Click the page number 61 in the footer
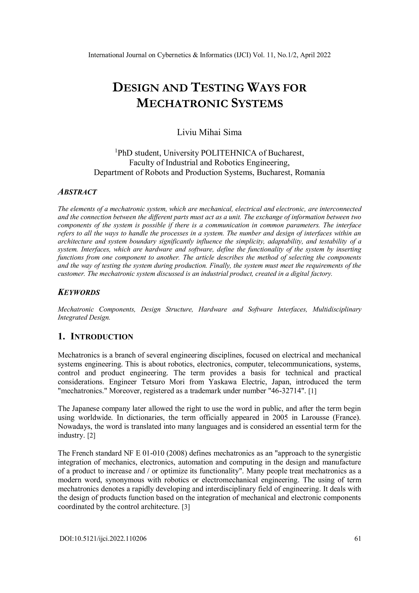pos(358,539)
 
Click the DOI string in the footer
pos(103,539)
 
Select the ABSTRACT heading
pos(77,192)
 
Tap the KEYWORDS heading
pos(79,292)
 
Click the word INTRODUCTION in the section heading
pos(102,337)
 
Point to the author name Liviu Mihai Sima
pos(209,132)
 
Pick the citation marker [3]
pos(186,507)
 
